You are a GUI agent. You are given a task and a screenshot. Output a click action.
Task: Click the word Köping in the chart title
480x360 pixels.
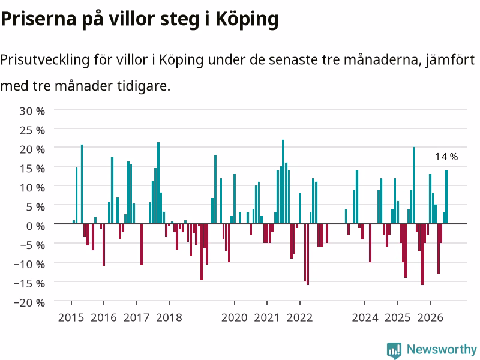coord(247,20)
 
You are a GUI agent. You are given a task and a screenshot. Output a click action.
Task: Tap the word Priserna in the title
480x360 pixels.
coord(38,19)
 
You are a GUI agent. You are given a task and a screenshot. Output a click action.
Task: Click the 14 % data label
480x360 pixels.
coord(446,157)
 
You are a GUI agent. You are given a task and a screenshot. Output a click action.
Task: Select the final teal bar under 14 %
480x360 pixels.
coord(446,197)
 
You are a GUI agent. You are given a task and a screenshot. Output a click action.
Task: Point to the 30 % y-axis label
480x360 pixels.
coord(32,111)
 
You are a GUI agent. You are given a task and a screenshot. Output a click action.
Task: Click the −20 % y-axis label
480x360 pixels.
coord(29,303)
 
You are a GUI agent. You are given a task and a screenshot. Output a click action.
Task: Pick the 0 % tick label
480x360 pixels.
coord(35,226)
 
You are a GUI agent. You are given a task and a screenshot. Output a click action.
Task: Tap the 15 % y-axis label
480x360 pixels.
coord(32,169)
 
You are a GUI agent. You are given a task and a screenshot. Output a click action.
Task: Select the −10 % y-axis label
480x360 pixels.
coord(29,264)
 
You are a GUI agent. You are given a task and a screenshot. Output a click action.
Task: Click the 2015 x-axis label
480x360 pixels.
coord(71,318)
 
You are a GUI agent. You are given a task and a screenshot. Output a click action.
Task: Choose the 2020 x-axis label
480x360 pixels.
coord(235,318)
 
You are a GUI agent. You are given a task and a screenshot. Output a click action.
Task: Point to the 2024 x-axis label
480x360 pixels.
coord(365,318)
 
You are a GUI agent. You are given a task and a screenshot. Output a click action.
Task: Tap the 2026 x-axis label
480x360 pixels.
coord(430,318)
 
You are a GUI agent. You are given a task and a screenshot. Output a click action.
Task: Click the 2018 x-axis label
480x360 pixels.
coord(169,318)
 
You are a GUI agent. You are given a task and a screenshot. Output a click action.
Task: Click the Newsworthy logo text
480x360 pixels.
coord(442,349)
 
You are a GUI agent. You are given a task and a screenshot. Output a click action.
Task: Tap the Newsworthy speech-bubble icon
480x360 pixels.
coord(394,350)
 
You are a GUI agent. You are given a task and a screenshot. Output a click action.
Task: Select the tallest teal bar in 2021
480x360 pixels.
coord(283,182)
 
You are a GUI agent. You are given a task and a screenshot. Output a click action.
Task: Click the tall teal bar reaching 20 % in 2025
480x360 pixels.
coord(414,185)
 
